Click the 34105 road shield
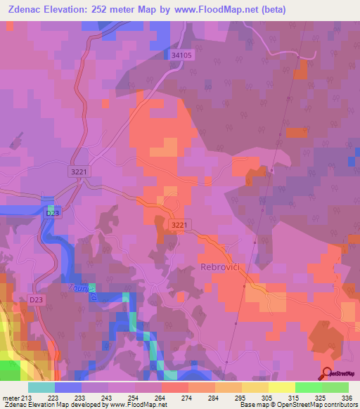181,54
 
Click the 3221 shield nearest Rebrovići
179,223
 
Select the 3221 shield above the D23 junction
79,171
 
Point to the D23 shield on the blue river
51,213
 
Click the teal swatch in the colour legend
41,387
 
